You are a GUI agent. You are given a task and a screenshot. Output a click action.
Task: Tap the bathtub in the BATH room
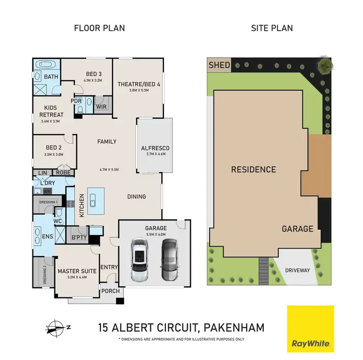coord(46,64)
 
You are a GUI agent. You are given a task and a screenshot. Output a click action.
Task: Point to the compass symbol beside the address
coord(57,328)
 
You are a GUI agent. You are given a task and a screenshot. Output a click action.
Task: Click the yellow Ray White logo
coord(311,329)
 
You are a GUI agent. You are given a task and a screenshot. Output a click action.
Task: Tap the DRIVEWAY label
coord(297,269)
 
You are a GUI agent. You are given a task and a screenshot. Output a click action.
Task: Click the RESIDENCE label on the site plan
coord(253,170)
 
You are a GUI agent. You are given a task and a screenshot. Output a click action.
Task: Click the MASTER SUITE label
coord(77,271)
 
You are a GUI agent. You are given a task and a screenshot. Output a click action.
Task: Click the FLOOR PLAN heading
coord(99,28)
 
